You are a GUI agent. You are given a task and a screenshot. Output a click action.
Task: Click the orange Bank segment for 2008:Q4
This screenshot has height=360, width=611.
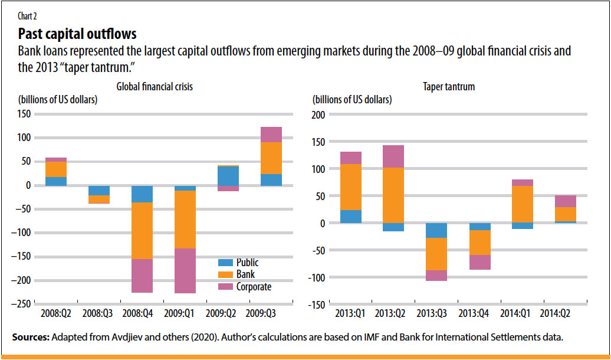[142, 231]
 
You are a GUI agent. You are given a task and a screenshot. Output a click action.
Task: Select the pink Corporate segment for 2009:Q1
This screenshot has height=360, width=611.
[185, 271]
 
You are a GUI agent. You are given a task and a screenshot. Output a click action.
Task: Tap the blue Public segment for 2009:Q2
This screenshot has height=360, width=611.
[228, 176]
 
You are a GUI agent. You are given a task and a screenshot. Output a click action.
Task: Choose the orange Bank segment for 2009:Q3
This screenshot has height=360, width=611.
[271, 158]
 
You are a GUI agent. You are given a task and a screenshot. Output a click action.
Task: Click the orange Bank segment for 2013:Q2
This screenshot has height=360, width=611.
[393, 195]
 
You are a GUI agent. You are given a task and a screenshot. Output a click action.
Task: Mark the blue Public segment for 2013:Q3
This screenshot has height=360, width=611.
[436, 231]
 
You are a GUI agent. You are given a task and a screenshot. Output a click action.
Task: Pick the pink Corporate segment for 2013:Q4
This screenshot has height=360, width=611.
[479, 262]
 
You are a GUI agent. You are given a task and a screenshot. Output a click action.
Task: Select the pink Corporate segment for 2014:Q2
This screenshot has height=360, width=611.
[566, 201]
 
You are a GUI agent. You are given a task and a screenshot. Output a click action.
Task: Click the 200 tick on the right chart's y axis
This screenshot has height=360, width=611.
[318, 114]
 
